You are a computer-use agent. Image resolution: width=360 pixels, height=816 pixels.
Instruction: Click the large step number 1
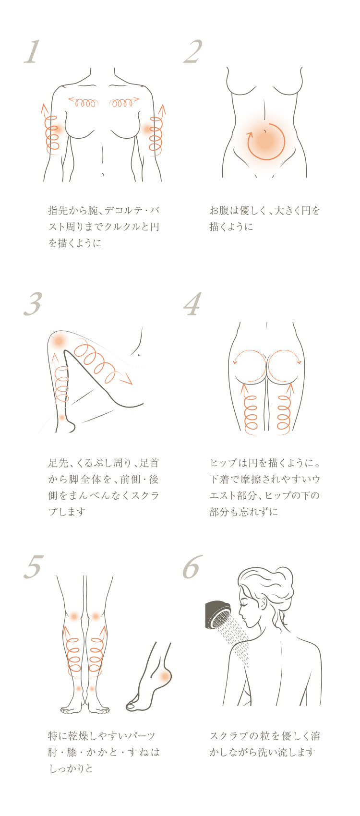click(32, 52)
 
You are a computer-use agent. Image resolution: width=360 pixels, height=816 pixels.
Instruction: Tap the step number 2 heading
click(193, 52)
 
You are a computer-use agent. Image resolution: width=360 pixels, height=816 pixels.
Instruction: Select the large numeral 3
click(33, 304)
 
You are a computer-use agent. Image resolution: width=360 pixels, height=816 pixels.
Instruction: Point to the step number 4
click(192, 304)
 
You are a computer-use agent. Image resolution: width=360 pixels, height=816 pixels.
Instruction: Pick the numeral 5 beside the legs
click(34, 567)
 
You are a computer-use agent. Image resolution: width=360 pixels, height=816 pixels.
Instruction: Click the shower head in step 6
click(218, 614)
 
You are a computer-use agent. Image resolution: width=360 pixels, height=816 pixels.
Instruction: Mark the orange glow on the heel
click(165, 676)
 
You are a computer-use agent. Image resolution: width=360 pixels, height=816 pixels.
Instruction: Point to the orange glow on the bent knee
click(58, 341)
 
